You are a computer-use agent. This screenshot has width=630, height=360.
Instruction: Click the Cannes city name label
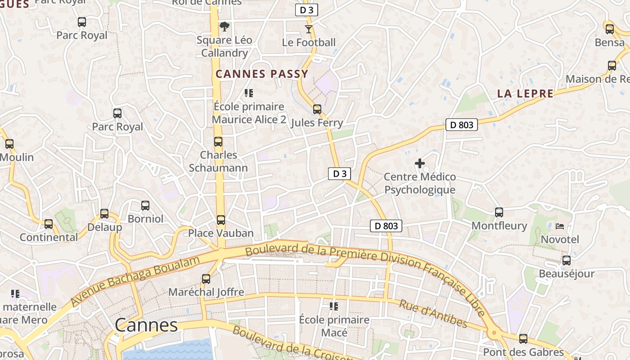[146, 325]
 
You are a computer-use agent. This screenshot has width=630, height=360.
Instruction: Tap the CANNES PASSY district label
[262, 74]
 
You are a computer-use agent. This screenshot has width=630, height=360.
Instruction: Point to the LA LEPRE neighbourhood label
[525, 94]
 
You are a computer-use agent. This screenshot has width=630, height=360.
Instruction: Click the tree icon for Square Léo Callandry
[224, 27]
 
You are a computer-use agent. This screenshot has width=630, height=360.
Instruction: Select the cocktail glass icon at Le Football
[308, 29]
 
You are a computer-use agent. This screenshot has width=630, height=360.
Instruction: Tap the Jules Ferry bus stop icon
[317, 109]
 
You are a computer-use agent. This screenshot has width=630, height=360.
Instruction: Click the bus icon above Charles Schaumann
[218, 142]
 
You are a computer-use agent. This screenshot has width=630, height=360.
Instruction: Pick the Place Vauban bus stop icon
[221, 220]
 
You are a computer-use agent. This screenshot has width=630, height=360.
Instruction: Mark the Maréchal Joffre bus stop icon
[206, 279]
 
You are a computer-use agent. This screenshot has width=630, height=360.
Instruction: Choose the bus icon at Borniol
[145, 206]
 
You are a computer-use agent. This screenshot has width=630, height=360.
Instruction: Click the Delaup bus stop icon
[104, 214]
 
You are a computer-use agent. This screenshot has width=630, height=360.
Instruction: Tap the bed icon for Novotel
[560, 226]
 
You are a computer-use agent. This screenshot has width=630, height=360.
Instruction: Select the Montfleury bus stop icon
[499, 212]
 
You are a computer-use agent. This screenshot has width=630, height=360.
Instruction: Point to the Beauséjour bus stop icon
[567, 261]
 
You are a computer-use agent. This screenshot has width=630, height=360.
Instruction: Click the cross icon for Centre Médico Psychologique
[420, 163]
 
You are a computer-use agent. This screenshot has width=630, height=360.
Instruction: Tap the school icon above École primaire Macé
[334, 306]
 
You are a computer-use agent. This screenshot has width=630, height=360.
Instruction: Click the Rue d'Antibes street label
[433, 314]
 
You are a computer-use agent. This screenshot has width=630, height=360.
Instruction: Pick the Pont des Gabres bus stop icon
[523, 339]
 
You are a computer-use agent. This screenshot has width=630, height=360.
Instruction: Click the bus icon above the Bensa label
[610, 29]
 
